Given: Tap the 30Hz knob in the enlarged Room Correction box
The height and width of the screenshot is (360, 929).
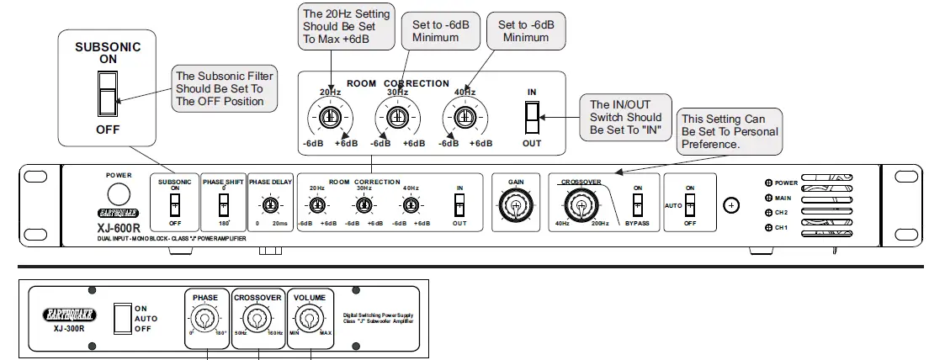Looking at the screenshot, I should pos(395,117).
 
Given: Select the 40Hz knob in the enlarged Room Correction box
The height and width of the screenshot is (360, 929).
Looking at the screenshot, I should pos(462,117).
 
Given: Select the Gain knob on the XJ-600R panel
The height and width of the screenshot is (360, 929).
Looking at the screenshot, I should pos(515,204).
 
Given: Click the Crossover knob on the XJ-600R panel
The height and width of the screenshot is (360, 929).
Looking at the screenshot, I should pos(578,204).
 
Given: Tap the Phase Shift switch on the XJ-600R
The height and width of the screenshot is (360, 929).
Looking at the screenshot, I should pos(223,204).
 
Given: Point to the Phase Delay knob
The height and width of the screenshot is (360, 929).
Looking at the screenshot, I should pos(269,204).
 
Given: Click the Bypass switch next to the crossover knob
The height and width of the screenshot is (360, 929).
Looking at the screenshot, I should pos(637,204).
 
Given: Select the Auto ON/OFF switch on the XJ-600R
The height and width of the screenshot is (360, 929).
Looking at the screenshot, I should pos(690,204).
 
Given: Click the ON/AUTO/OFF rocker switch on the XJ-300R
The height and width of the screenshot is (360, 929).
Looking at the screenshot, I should pos(121,318).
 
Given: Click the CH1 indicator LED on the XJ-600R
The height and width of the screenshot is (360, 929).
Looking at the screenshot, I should pos(768,228).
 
